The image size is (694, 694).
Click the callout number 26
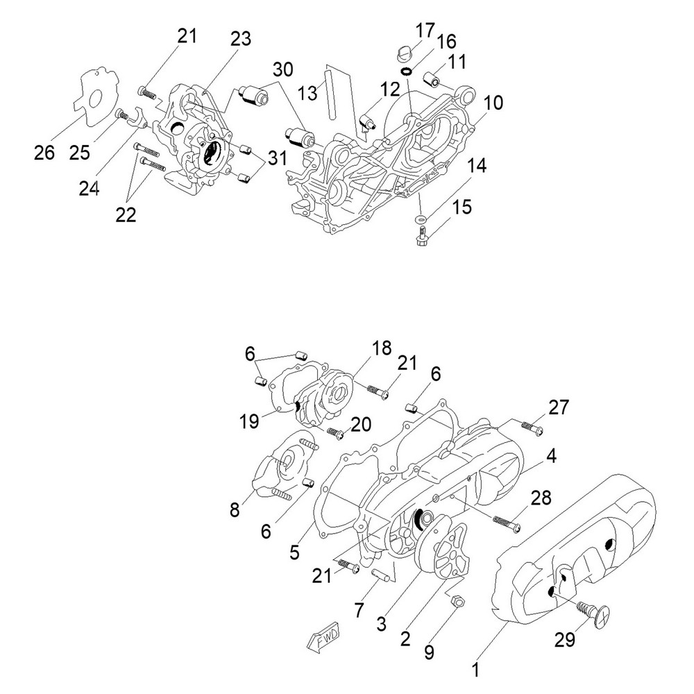(44, 152)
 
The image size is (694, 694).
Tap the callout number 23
(241, 39)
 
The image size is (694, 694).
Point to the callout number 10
(493, 103)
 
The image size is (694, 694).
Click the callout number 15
(462, 206)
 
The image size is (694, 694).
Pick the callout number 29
(565, 639)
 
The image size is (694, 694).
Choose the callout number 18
(382, 347)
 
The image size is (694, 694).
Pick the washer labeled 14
(421, 221)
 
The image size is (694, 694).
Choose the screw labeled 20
(335, 434)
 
